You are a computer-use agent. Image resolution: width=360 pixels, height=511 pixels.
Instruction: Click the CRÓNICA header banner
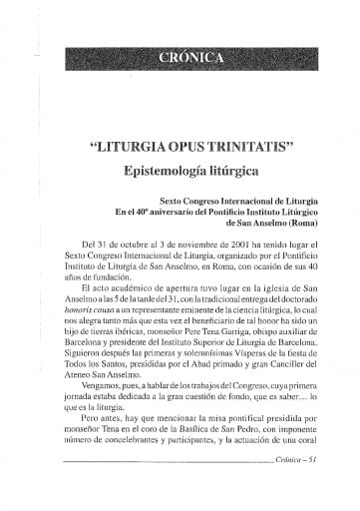pos(190,57)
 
